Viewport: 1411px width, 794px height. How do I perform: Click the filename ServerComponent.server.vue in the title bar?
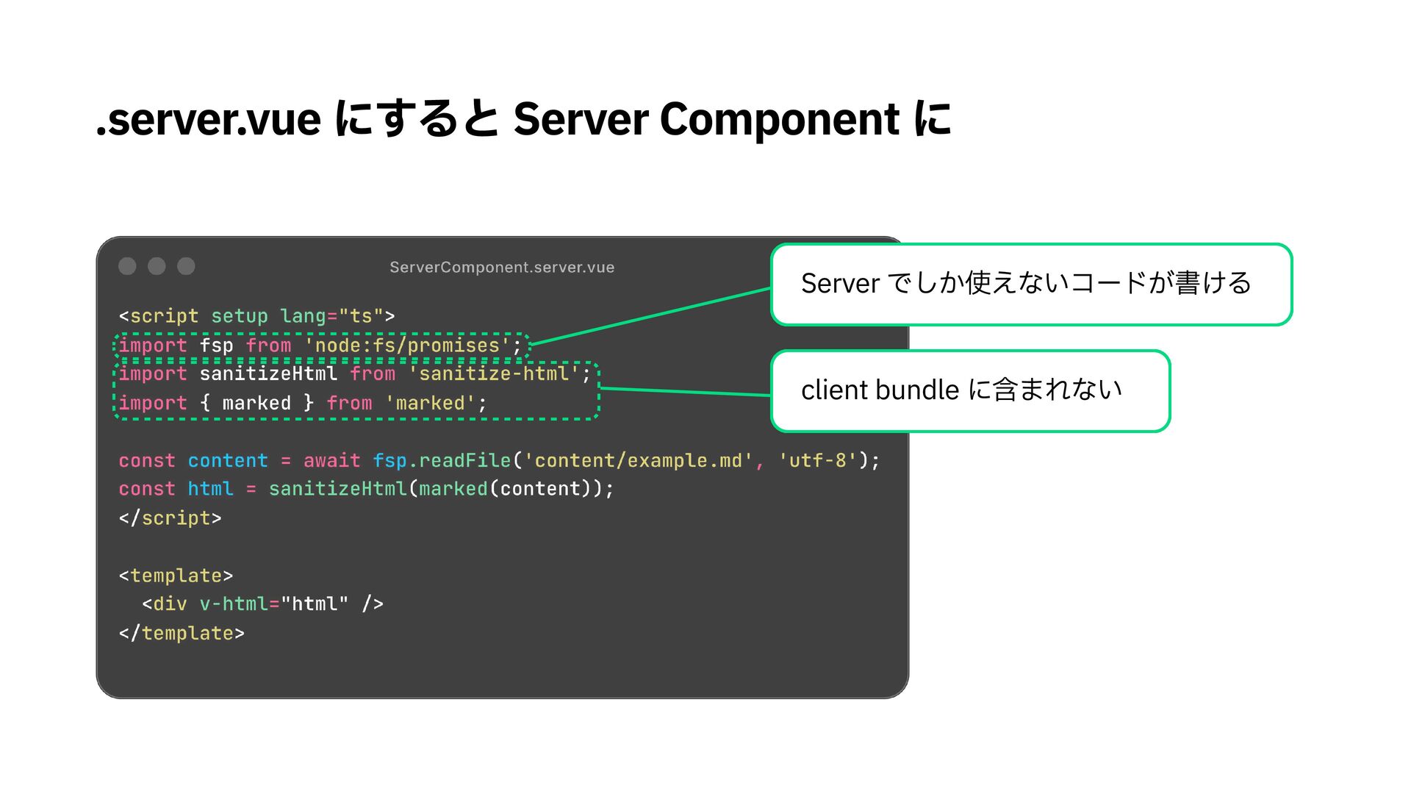pyautogui.click(x=502, y=268)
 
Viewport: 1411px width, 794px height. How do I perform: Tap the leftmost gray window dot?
pyautogui.click(x=127, y=266)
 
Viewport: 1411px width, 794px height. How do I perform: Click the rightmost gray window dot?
pyautogui.click(x=186, y=266)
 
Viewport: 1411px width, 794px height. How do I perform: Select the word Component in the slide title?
pyautogui.click(x=779, y=120)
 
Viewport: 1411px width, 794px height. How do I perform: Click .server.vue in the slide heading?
pyautogui.click(x=209, y=120)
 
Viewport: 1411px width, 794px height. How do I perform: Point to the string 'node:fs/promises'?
pyautogui.click(x=406, y=346)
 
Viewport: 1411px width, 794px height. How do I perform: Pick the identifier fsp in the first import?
pyautogui.click(x=216, y=346)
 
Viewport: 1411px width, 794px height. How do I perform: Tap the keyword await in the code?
pyautogui.click(x=331, y=461)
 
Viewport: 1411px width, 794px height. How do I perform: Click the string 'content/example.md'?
pyautogui.click(x=637, y=461)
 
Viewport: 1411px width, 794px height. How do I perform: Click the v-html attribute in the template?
pyautogui.click(x=234, y=604)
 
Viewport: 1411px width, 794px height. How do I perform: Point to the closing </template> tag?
pyautogui.click(x=182, y=634)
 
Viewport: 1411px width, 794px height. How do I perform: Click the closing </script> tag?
pyautogui.click(x=170, y=518)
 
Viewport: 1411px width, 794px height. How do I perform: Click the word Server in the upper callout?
pyautogui.click(x=840, y=284)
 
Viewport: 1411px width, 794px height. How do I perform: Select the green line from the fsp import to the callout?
pyautogui.click(x=650, y=316)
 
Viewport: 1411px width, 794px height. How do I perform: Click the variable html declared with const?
pyautogui.click(x=210, y=490)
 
